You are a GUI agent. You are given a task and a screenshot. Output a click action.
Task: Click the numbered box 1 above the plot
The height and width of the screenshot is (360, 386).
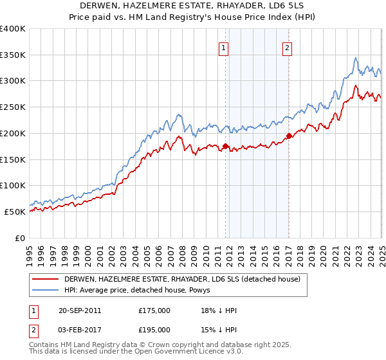223,47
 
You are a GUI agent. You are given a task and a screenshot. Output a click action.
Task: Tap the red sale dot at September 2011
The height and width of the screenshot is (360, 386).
226,146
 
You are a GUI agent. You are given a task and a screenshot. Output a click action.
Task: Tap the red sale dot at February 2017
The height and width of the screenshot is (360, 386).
289,136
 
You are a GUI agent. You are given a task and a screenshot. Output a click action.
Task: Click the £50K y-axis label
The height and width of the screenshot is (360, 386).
15,212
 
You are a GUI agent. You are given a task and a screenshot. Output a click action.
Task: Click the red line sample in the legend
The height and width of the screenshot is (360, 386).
46,279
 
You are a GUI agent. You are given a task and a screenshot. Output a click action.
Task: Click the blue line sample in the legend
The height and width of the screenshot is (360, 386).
46,290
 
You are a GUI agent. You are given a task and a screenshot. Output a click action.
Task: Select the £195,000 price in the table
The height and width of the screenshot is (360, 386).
154,329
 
